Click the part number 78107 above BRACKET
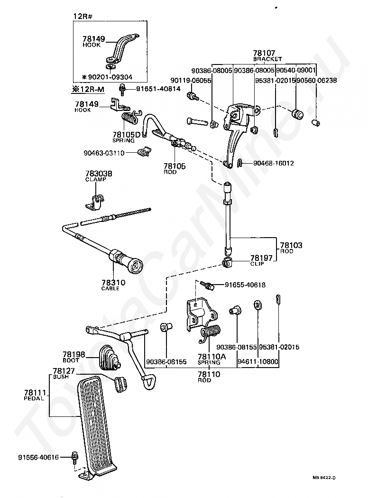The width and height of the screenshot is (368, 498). point(264,54)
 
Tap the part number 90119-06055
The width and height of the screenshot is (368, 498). point(192,81)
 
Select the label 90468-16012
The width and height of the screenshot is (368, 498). point(273,163)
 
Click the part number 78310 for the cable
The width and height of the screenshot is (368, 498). point(113,283)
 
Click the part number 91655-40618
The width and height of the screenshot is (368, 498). point(245,285)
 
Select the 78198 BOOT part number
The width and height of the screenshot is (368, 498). point(74,354)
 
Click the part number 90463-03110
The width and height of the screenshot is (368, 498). point(105,153)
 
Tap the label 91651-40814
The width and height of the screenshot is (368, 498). point(158,89)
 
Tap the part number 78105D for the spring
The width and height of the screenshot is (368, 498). point(127,135)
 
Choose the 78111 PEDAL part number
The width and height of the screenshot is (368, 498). point(35,393)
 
